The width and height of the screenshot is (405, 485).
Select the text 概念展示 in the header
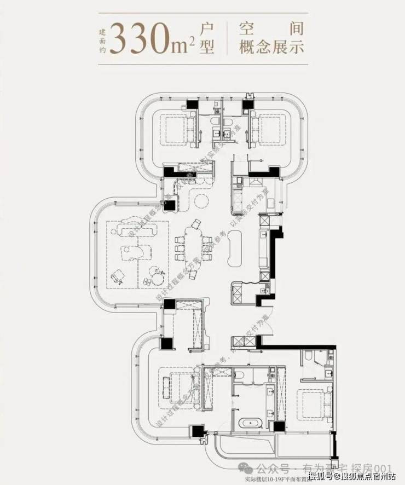[x=271, y=47]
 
